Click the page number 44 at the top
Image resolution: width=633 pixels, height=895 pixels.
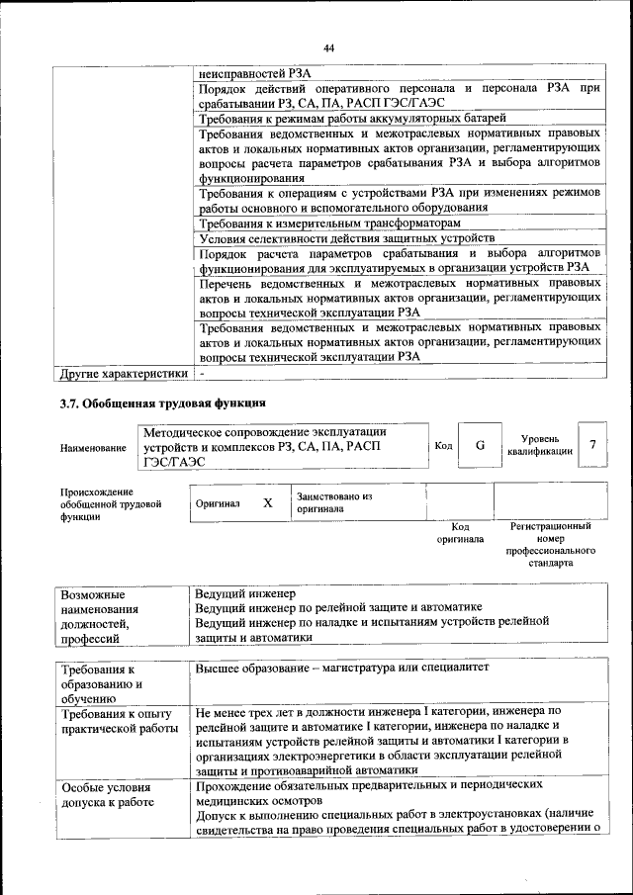click(329, 48)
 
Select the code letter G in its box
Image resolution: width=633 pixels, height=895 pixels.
click(480, 445)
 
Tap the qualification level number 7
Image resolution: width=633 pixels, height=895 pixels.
click(591, 445)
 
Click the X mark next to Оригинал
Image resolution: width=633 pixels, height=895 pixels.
click(267, 502)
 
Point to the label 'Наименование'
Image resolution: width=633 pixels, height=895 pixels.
click(93, 448)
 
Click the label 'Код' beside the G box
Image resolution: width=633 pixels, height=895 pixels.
click(443, 446)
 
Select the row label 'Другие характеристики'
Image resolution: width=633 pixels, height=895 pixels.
click(124, 374)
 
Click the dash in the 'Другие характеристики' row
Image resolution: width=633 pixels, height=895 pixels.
click(201, 374)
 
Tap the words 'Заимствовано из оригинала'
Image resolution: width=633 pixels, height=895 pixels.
click(333, 502)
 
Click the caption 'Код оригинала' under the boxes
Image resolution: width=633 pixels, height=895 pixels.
click(460, 533)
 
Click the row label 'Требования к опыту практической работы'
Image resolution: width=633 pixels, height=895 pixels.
click(117, 720)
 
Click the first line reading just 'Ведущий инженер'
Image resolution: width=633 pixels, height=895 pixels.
click(245, 592)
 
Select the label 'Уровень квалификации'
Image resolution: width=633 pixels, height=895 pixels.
click(539, 445)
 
